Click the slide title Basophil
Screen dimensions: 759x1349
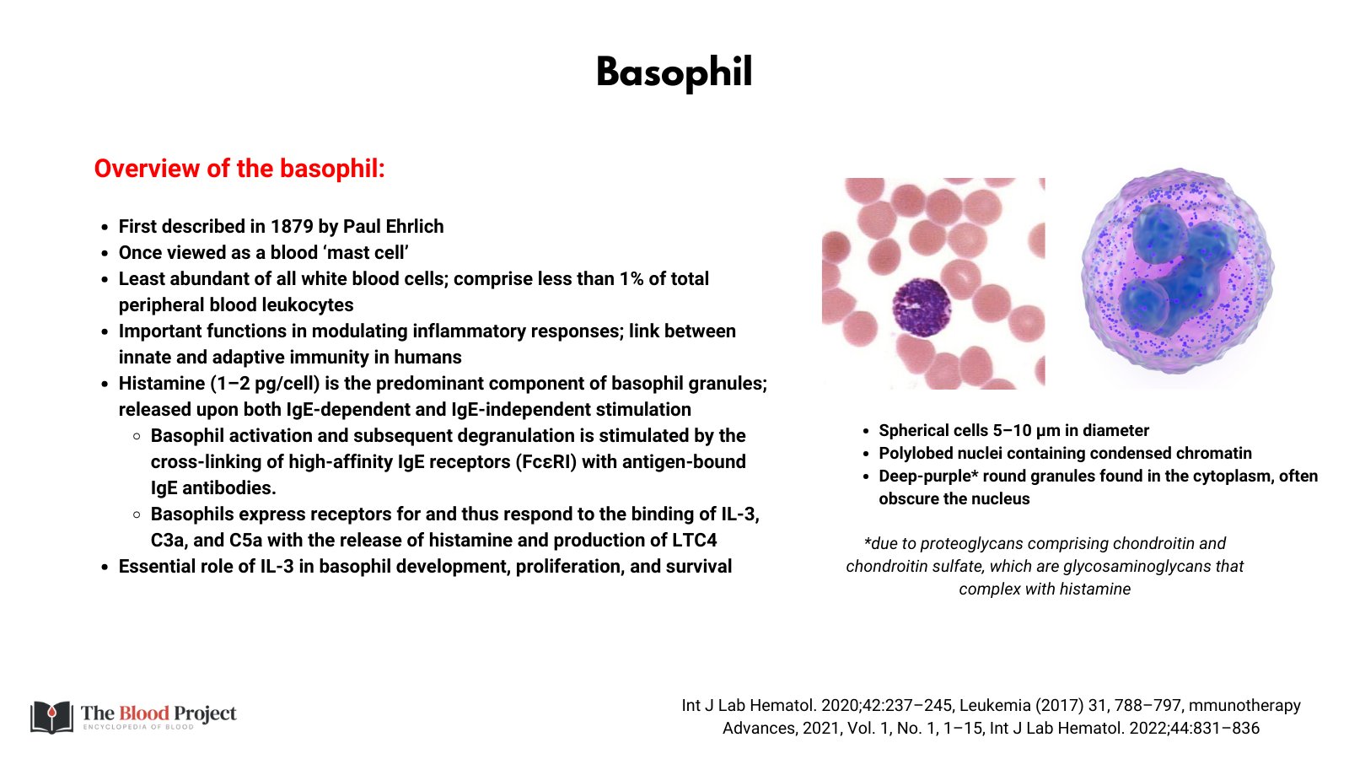(x=674, y=73)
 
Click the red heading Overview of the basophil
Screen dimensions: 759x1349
(x=239, y=169)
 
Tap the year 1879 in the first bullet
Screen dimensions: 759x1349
(x=292, y=227)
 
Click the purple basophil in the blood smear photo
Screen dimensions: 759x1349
(x=921, y=306)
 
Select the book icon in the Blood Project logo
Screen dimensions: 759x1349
(x=52, y=717)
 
